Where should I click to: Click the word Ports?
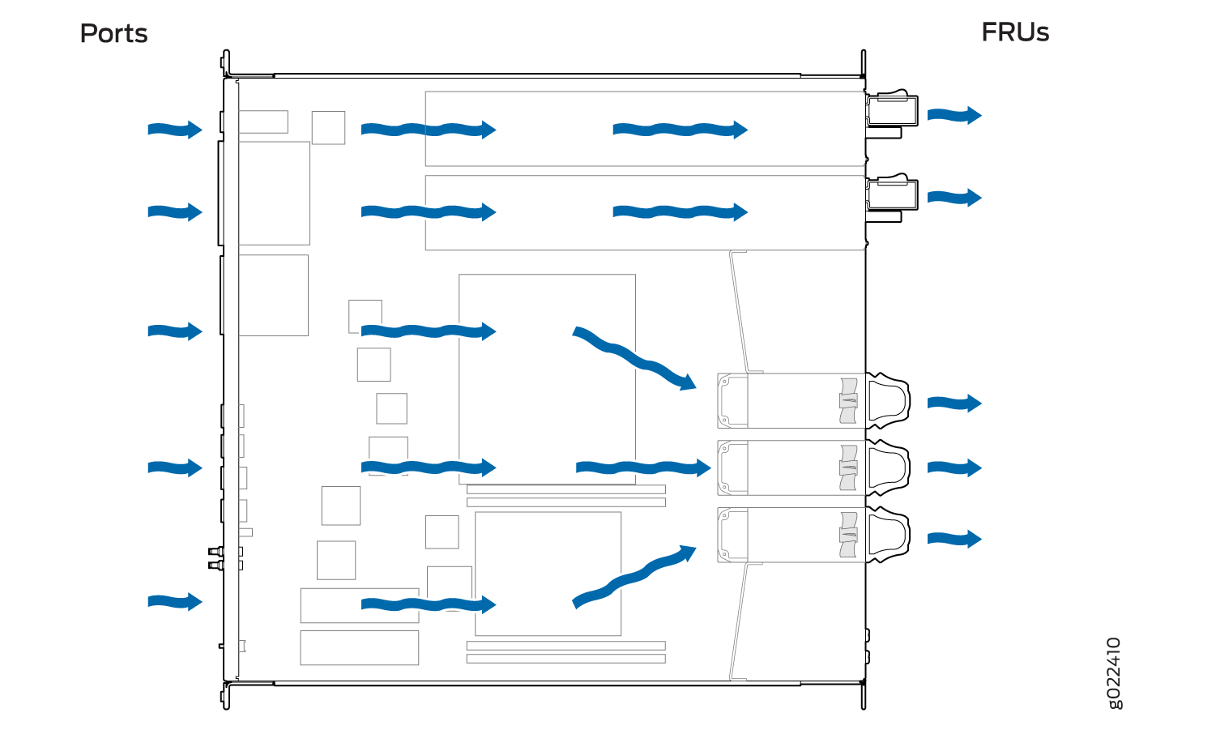113,34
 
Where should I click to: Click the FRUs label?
1015,32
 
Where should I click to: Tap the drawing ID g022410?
1113,673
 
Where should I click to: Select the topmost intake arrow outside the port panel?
175,130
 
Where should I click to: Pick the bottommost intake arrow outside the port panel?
175,601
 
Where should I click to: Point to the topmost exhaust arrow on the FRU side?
954,115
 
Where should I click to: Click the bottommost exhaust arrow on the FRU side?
954,539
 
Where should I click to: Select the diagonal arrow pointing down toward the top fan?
634,359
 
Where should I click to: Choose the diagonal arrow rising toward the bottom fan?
634,577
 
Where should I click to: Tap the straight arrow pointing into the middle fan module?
643,467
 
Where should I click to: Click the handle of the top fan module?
888,400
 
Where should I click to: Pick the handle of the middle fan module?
888,467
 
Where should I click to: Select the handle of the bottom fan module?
888,535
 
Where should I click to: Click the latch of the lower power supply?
892,194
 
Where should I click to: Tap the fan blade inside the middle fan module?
848,467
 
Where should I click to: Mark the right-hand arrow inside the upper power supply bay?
681,130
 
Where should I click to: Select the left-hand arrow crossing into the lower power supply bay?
429,211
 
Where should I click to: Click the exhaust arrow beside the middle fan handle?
954,467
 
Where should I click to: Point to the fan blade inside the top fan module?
848,401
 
